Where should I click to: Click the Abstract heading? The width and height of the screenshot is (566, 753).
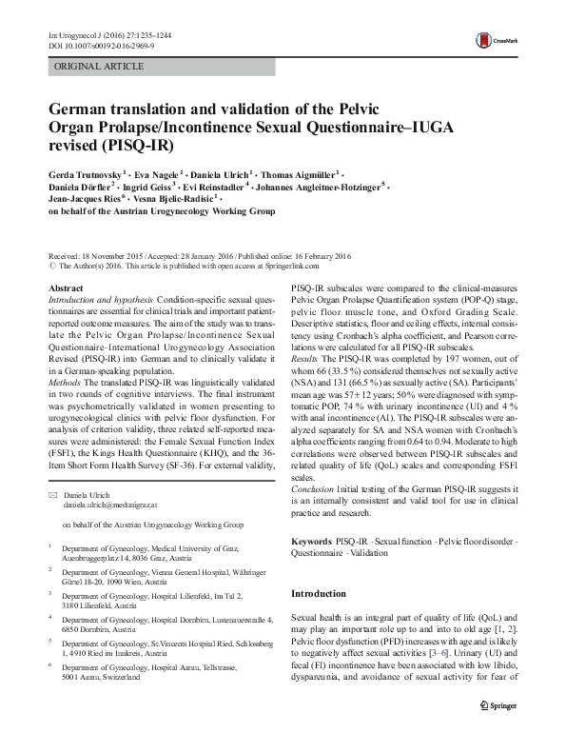tap(66, 287)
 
